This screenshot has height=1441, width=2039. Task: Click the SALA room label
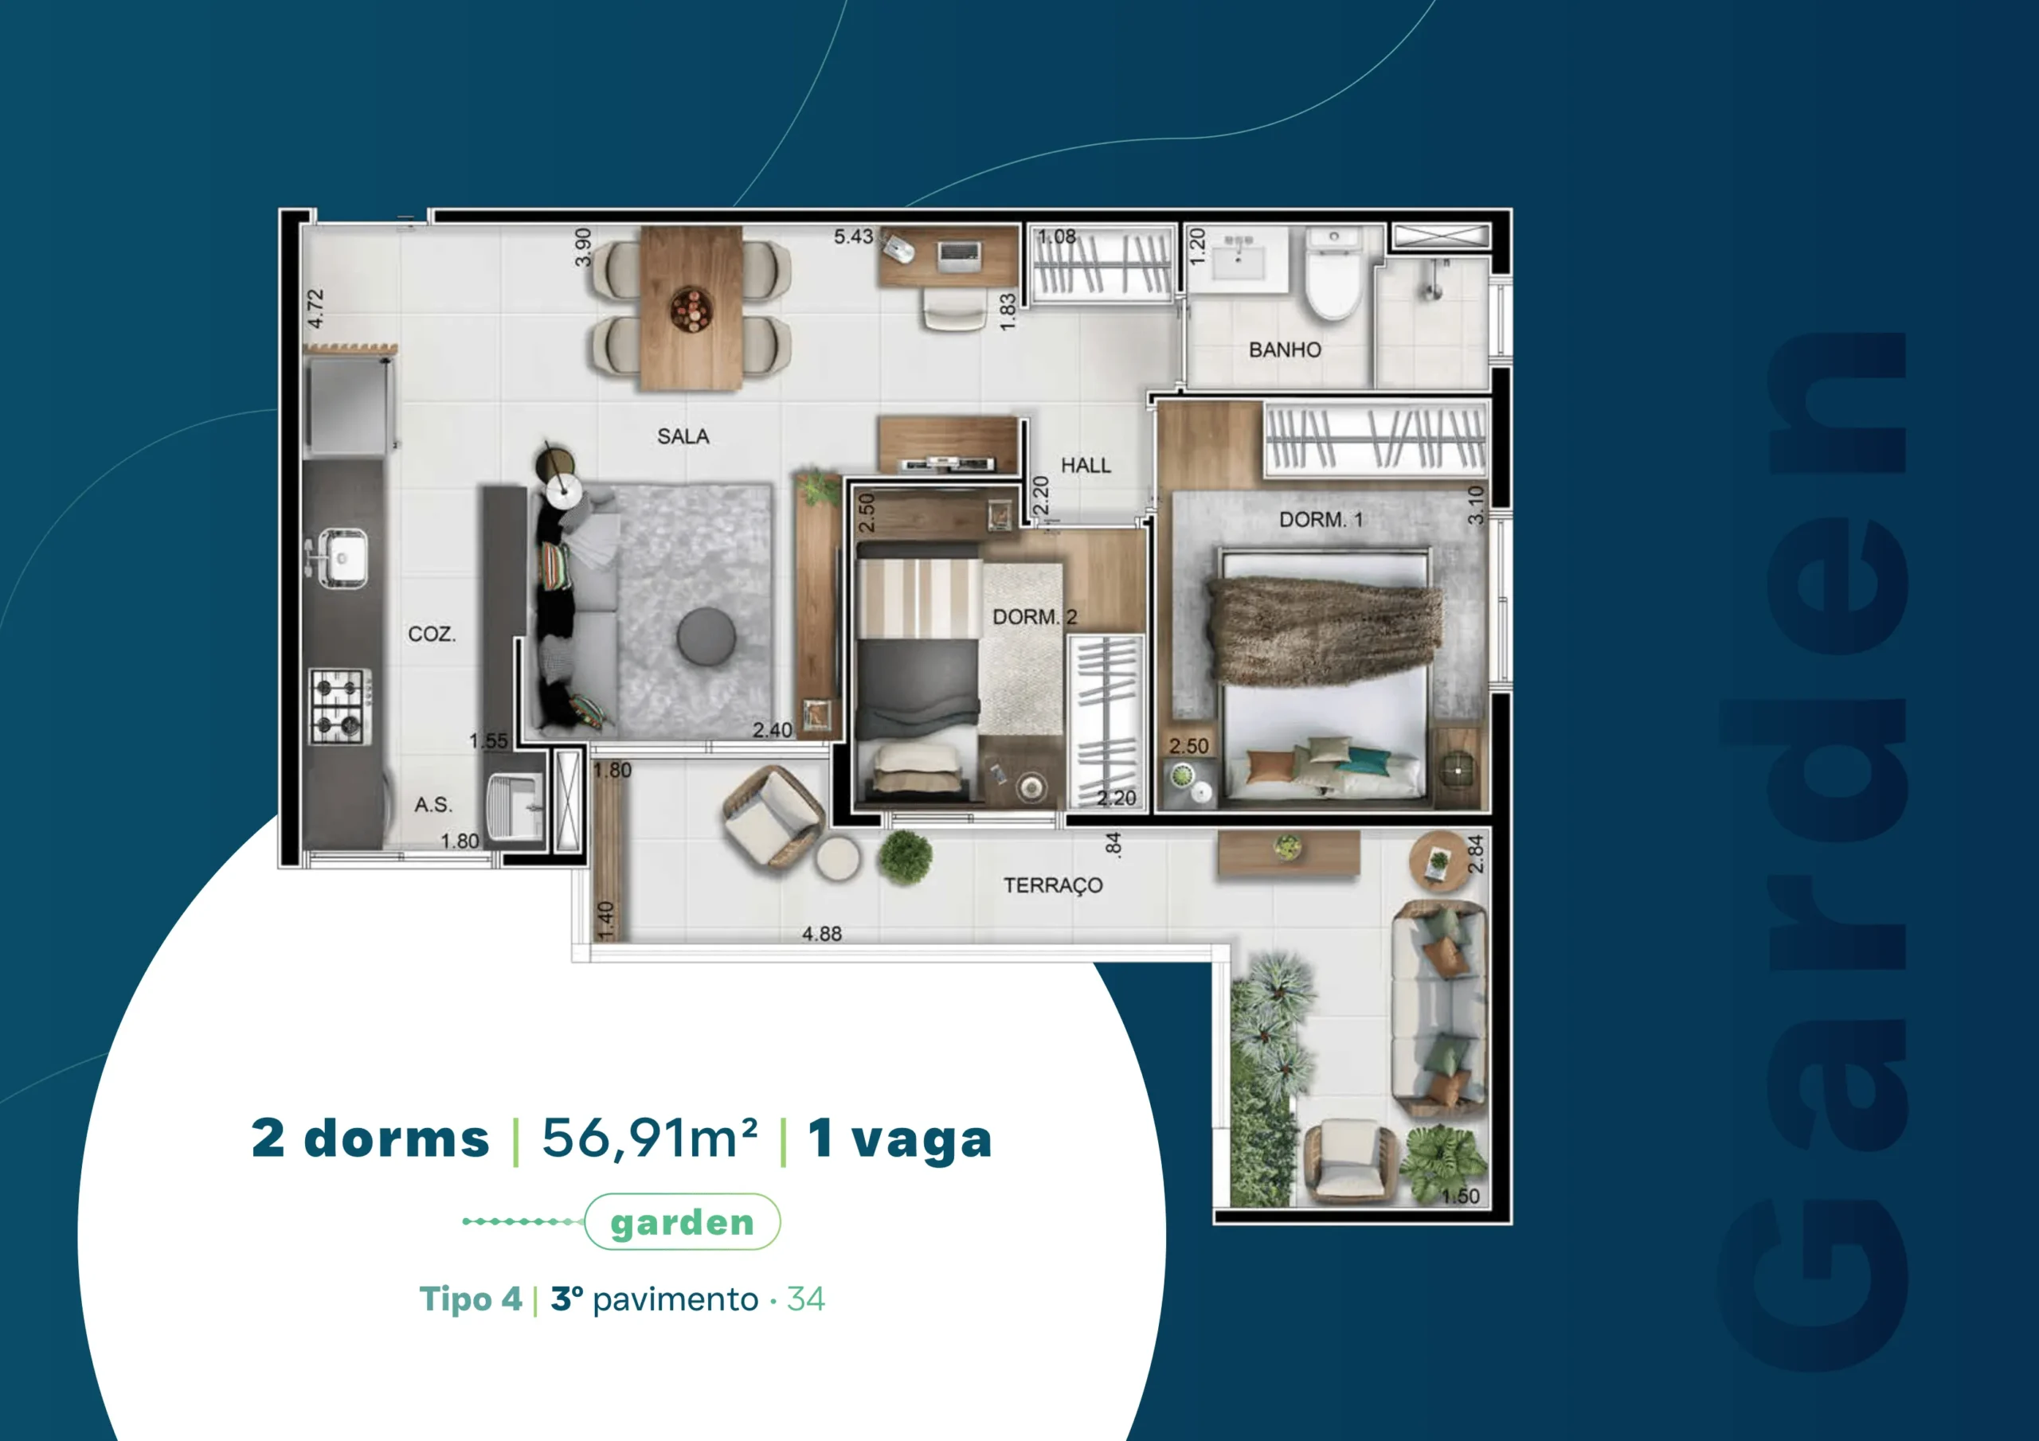[683, 436]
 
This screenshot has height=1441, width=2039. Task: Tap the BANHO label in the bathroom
[1284, 350]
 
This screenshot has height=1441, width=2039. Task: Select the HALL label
[1086, 465]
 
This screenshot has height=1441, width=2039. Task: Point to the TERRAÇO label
[1053, 885]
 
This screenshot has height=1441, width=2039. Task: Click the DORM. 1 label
[1321, 519]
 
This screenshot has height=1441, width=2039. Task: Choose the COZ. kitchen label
[432, 634]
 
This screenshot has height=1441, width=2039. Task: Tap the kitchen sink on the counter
[342, 557]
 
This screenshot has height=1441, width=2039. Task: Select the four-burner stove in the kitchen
[340, 707]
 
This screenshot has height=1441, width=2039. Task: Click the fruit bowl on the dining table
[691, 310]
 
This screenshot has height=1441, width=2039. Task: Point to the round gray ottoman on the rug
[706, 635]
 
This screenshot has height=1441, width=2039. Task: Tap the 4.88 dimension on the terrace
[821, 934]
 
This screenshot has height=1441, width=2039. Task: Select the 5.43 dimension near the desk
[853, 237]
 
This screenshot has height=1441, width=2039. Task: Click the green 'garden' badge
[682, 1222]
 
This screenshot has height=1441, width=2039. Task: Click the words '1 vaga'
[899, 1138]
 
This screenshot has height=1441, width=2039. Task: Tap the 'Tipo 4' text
[471, 1299]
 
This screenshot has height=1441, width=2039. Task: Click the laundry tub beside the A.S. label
[515, 806]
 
